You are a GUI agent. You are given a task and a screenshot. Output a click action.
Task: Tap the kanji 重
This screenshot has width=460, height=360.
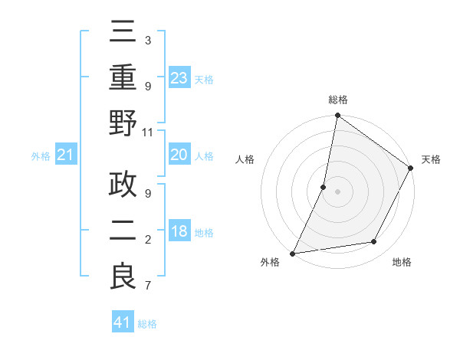[x=123, y=79]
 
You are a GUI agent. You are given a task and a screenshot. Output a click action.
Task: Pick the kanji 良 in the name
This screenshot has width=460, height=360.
[x=123, y=277]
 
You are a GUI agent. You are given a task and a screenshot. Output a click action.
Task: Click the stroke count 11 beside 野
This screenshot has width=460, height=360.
[x=148, y=132]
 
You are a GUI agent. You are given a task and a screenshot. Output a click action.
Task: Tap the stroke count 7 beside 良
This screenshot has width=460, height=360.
[x=148, y=286]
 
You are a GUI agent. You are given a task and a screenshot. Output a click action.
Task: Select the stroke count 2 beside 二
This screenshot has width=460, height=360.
[x=148, y=241]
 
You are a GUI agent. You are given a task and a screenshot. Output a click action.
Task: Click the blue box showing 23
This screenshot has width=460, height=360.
[x=179, y=77]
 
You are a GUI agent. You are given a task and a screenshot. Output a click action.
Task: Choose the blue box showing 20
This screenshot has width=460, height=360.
[x=179, y=155]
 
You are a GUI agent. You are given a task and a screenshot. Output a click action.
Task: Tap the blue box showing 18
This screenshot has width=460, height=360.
[x=179, y=231]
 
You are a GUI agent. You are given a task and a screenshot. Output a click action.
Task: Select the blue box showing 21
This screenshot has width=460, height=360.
[x=66, y=155]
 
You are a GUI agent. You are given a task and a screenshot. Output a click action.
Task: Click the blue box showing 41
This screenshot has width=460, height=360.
[x=123, y=322]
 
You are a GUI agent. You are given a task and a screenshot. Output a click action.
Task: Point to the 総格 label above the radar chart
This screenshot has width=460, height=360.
[x=338, y=100]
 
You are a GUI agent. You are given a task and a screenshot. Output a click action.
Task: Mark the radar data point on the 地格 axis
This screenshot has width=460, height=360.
[x=374, y=242]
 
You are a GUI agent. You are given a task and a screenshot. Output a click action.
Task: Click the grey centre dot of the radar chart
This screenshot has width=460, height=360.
[x=337, y=191]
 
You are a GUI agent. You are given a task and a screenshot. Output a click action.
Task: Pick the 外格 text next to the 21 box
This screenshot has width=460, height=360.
[x=41, y=156]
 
